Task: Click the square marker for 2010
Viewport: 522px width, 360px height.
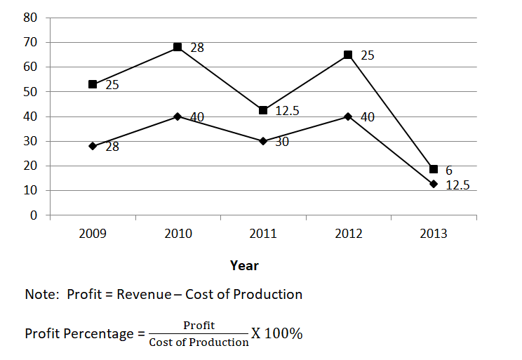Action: click(x=178, y=47)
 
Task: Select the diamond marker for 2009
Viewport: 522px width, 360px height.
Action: click(x=93, y=146)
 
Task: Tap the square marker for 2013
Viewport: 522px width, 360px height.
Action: click(x=434, y=169)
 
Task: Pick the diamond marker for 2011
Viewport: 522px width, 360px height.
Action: click(x=263, y=141)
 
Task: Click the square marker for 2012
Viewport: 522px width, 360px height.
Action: click(x=348, y=54)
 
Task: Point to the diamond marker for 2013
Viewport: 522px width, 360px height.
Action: click(x=434, y=184)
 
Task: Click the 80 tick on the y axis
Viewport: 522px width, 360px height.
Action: click(x=31, y=18)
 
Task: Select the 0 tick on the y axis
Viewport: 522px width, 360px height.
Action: click(x=34, y=215)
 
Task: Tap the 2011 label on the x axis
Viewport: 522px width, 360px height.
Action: click(x=263, y=234)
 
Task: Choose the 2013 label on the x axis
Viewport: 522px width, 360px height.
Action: click(x=434, y=234)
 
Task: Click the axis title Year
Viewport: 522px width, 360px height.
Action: click(x=244, y=265)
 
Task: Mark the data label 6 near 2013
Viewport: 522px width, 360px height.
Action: click(x=449, y=171)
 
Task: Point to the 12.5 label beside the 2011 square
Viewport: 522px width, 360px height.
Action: click(x=288, y=111)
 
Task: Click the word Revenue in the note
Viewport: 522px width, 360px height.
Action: click(x=143, y=294)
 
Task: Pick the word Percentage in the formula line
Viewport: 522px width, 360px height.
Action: click(x=95, y=333)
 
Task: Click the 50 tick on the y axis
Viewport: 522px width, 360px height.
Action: click(x=31, y=92)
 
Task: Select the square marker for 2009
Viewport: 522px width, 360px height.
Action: click(x=93, y=84)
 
